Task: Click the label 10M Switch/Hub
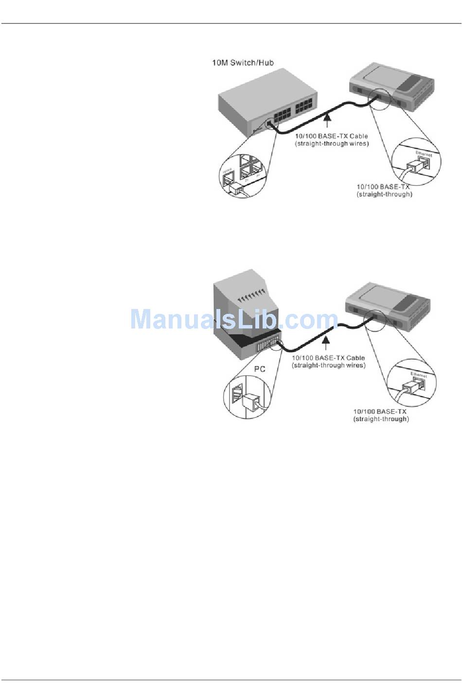click(x=243, y=63)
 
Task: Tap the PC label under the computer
click(x=260, y=369)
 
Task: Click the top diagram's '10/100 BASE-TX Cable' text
click(x=332, y=136)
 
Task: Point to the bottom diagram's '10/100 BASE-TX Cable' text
click(x=328, y=358)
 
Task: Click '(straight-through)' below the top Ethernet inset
click(x=384, y=195)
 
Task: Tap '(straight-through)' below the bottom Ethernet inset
click(x=381, y=419)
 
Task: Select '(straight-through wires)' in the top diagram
click(x=332, y=144)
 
